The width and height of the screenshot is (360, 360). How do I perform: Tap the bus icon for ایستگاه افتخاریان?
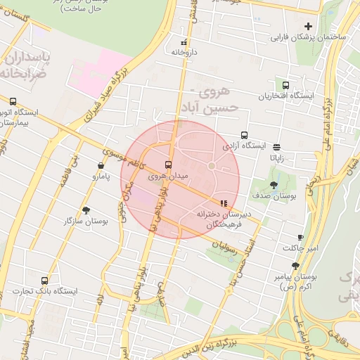(x=285, y=85)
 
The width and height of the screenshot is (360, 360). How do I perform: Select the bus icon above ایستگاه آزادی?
(x=245, y=135)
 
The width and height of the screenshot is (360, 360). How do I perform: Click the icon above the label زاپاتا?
(x=277, y=147)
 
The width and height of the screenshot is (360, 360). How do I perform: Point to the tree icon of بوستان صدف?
(x=274, y=185)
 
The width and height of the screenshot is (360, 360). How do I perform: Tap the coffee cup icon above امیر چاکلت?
(x=301, y=238)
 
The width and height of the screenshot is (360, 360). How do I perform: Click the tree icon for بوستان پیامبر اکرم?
(x=295, y=266)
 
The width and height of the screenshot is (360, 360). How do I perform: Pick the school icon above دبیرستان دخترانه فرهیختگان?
(x=224, y=202)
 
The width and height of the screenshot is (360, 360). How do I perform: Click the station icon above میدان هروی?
(x=167, y=165)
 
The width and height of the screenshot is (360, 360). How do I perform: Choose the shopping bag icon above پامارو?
(x=103, y=166)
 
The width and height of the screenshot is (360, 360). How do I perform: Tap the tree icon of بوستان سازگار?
(x=86, y=210)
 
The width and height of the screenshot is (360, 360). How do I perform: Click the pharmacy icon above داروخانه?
(x=184, y=41)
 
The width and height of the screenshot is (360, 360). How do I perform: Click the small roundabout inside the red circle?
(x=211, y=166)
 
